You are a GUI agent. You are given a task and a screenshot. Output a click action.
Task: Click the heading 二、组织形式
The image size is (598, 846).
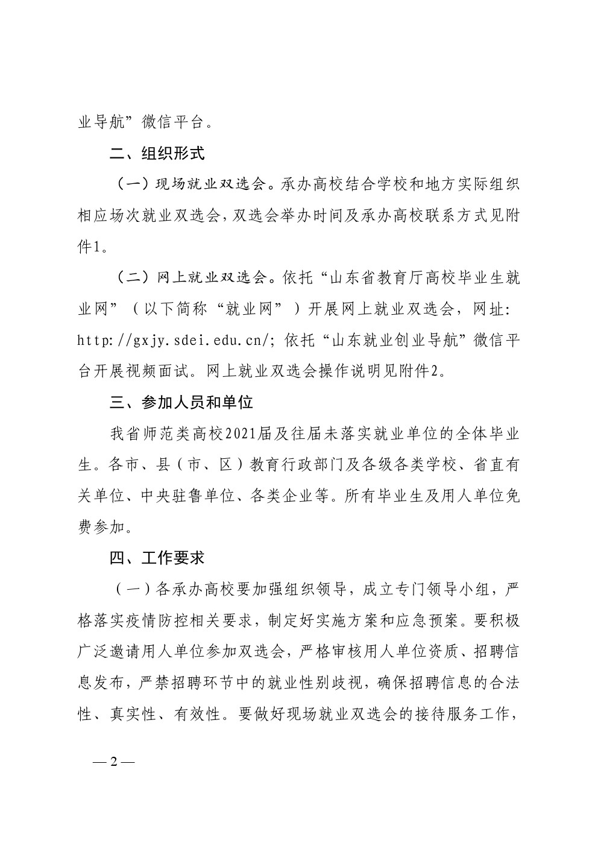pyautogui.click(x=157, y=153)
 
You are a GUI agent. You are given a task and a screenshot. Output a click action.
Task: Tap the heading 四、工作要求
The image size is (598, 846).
pyautogui.click(x=157, y=558)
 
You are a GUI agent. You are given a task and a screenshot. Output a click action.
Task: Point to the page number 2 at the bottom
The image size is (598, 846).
pyautogui.click(x=113, y=762)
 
